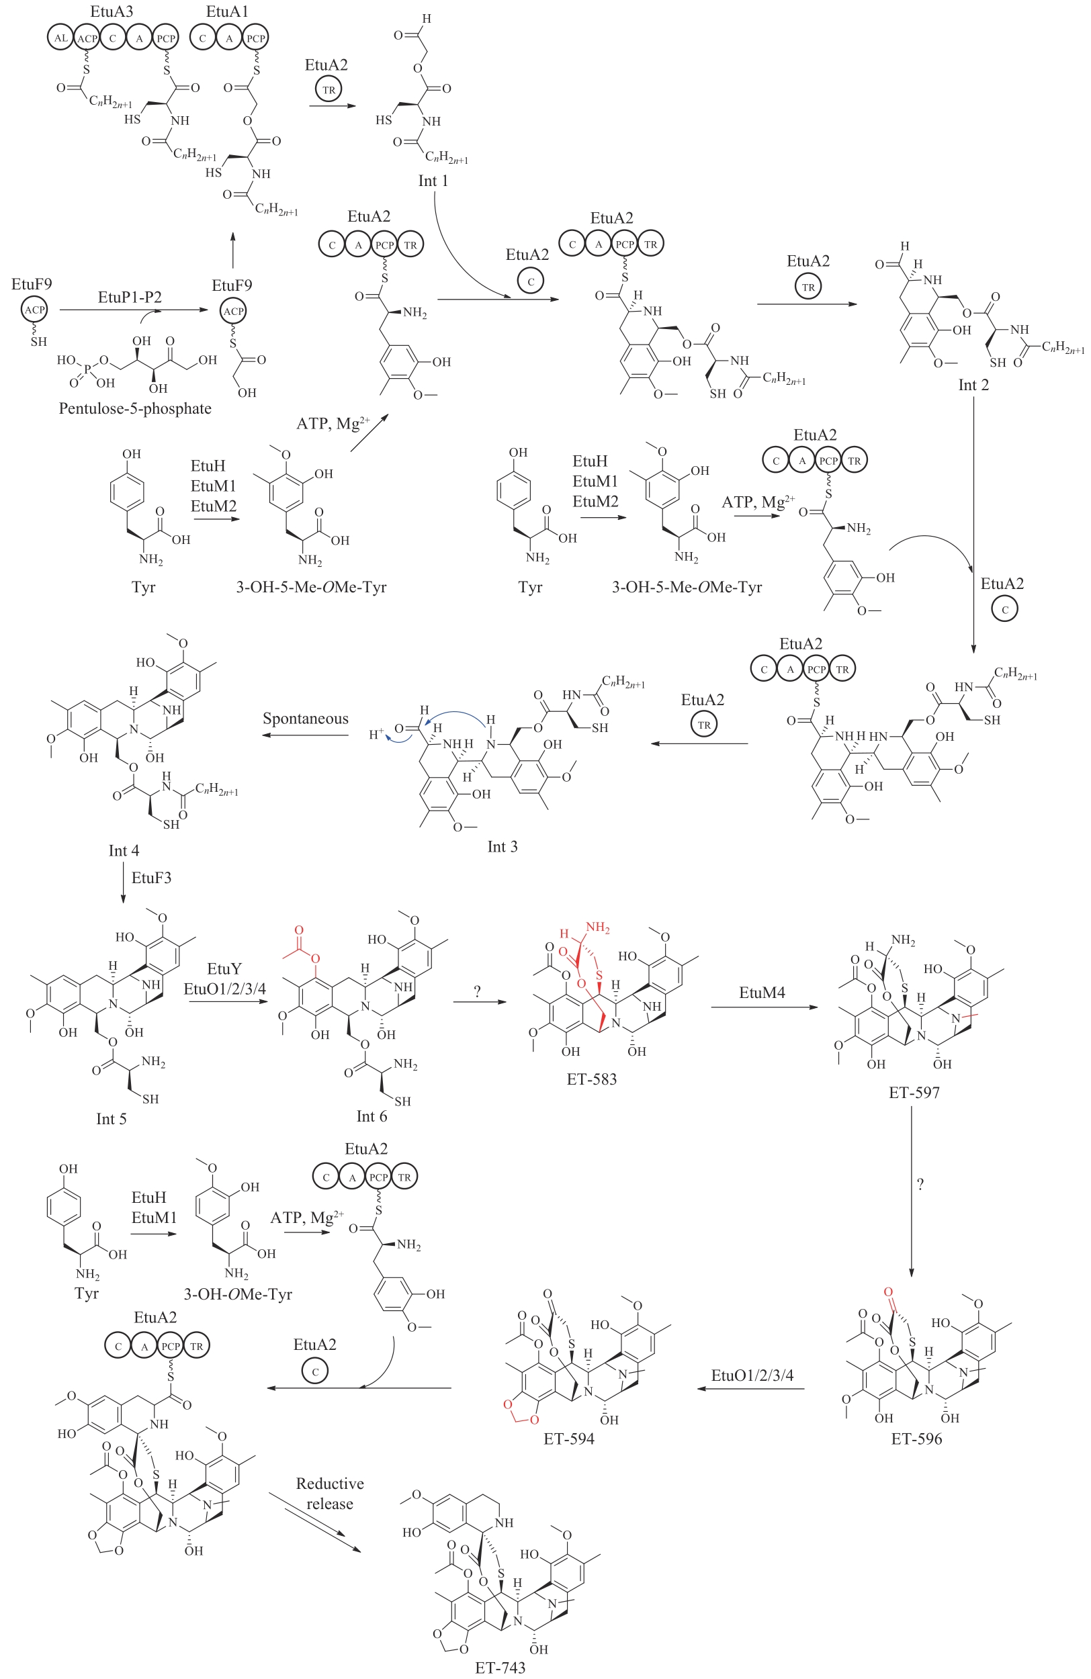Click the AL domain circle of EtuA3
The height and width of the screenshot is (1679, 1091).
click(61, 38)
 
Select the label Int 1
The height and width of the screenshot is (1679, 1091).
click(433, 181)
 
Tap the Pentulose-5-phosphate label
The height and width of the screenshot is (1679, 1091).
click(135, 408)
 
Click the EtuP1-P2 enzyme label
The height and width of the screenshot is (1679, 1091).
click(130, 297)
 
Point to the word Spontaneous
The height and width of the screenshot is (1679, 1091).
click(306, 718)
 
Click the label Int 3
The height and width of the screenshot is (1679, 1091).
click(502, 847)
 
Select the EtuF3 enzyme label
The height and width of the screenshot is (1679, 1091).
click(151, 878)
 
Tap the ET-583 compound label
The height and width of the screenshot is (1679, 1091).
click(591, 1079)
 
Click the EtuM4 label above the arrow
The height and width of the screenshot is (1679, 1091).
click(762, 993)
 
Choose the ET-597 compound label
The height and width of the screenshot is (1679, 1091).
click(914, 1093)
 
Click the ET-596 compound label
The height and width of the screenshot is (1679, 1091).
click(916, 1439)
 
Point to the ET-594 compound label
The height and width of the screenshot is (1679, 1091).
click(569, 1439)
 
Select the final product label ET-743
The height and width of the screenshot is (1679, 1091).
click(500, 1668)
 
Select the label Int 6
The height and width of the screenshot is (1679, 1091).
click(372, 1116)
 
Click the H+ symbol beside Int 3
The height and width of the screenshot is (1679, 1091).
click(377, 734)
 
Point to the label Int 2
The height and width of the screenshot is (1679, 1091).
click(973, 384)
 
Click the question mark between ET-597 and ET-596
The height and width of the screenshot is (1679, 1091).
click(920, 1185)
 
